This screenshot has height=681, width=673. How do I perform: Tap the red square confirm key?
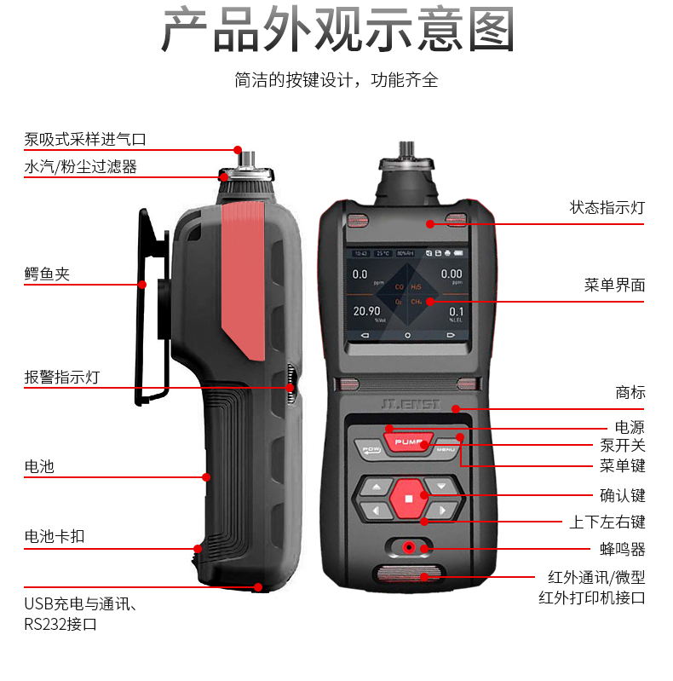[x=409, y=499]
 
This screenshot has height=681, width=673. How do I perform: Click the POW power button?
[x=371, y=449]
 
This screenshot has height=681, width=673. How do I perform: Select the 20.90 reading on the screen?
[x=367, y=312]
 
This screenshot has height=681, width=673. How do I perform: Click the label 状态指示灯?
[x=607, y=208]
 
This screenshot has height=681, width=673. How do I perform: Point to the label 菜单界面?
[x=614, y=285]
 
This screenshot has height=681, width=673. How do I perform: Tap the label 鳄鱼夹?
[x=47, y=274]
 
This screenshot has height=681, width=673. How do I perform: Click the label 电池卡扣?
[x=55, y=537]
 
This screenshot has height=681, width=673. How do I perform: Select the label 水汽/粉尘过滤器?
[x=80, y=167]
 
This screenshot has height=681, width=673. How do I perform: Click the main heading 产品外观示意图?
[x=337, y=32]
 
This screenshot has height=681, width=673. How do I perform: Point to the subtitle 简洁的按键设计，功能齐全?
[x=336, y=81]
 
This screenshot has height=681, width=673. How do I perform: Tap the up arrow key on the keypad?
[x=375, y=487]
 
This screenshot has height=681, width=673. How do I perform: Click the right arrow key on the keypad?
[x=441, y=511]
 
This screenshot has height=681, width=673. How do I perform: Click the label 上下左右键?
[x=607, y=522]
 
